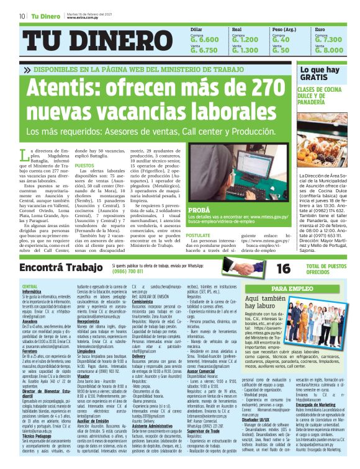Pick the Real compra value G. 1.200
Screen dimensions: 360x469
[x=245, y=39]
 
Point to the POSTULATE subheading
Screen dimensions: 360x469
[x=199, y=236]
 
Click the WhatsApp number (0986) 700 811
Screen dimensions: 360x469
[x=127, y=271]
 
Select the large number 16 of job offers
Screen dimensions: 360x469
[x=266, y=268]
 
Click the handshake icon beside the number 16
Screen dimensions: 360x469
[x=229, y=268]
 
